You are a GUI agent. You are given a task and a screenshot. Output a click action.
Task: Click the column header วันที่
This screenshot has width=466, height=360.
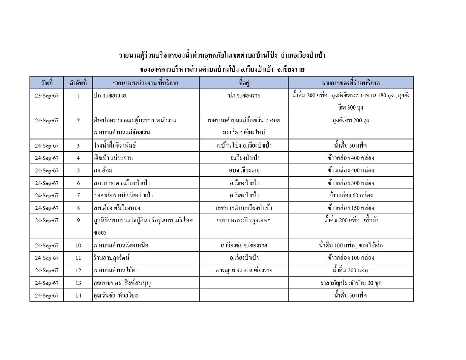(47, 83)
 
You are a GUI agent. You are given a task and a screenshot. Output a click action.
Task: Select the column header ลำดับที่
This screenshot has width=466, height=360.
(78, 83)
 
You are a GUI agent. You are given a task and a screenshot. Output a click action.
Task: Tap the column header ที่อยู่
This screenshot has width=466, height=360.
(244, 83)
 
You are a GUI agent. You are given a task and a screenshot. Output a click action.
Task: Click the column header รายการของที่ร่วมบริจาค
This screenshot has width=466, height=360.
(351, 83)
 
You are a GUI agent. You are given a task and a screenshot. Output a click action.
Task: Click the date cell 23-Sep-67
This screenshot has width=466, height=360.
(47, 96)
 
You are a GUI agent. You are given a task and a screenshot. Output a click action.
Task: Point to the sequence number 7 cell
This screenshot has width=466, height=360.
(78, 195)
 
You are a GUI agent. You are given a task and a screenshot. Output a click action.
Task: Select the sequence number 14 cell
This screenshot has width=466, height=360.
(78, 296)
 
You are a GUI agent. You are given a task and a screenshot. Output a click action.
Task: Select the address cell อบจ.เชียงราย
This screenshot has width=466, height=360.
(244, 170)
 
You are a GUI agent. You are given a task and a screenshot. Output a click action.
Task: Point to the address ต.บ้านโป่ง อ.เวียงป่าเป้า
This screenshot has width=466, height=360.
(244, 146)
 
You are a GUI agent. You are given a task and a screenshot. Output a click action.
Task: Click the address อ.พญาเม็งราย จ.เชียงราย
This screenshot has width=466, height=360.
(244, 270)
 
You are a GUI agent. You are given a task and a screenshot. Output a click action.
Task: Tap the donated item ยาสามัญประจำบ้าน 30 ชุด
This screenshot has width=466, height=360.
(351, 283)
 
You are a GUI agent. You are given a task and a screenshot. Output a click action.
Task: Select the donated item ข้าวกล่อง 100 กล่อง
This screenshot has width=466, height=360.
(351, 258)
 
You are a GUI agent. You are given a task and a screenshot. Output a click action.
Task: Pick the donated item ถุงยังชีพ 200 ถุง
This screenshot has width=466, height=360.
(351, 120)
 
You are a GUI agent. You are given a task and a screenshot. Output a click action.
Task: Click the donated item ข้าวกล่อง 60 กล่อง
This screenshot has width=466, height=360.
(351, 195)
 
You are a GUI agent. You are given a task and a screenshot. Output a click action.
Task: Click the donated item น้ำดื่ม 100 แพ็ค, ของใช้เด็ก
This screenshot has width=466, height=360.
(351, 245)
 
